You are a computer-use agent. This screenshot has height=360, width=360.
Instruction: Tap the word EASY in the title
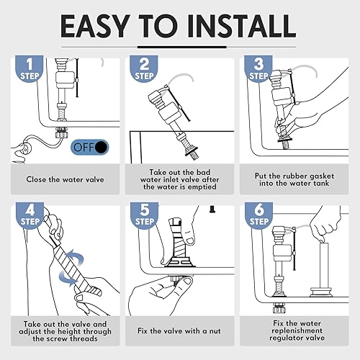(x=95, y=26)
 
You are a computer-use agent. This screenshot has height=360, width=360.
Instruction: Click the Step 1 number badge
(x=30, y=68)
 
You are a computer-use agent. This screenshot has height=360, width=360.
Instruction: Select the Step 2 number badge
(x=144, y=68)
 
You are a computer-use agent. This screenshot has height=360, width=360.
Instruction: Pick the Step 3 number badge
(x=258, y=68)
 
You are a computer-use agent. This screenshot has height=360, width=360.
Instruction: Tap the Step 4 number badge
(x=30, y=215)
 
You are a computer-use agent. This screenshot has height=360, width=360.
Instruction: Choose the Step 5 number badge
(x=144, y=215)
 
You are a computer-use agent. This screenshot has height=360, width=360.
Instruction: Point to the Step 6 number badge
(x=258, y=215)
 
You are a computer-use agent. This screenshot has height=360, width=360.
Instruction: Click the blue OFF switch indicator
(x=90, y=147)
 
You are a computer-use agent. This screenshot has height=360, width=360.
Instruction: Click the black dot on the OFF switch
(x=102, y=148)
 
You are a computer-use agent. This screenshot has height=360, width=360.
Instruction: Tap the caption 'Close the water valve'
(x=65, y=179)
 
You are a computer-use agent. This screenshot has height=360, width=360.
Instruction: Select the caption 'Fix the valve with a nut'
(x=179, y=331)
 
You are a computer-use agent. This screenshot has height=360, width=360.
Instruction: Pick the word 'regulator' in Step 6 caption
(x=284, y=338)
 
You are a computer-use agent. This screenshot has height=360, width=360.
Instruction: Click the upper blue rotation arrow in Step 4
(x=74, y=257)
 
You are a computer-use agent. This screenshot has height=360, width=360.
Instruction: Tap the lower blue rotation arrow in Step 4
(x=68, y=278)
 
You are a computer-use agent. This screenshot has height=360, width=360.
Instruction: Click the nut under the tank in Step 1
(x=61, y=132)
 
